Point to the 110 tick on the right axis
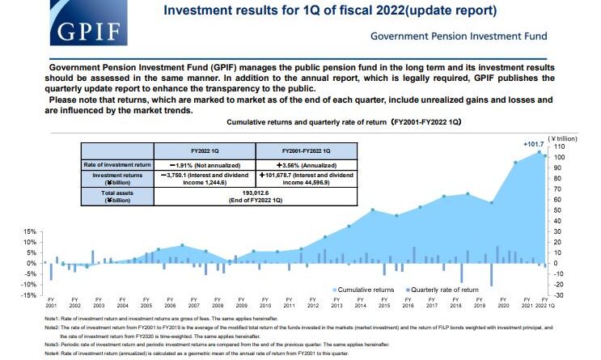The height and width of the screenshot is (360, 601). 557,146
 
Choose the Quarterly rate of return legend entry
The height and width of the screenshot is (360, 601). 440,289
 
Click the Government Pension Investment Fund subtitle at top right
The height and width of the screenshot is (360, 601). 458,36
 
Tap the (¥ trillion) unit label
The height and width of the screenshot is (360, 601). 562,138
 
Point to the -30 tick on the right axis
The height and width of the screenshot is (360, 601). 557,294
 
